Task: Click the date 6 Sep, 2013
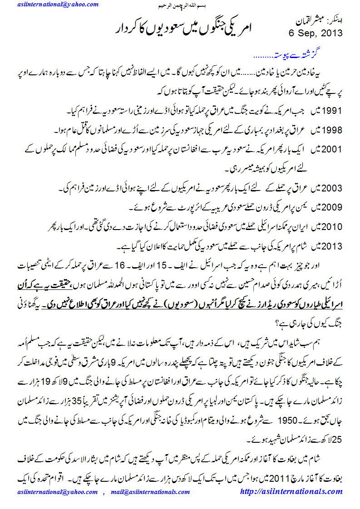tap(315, 33)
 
